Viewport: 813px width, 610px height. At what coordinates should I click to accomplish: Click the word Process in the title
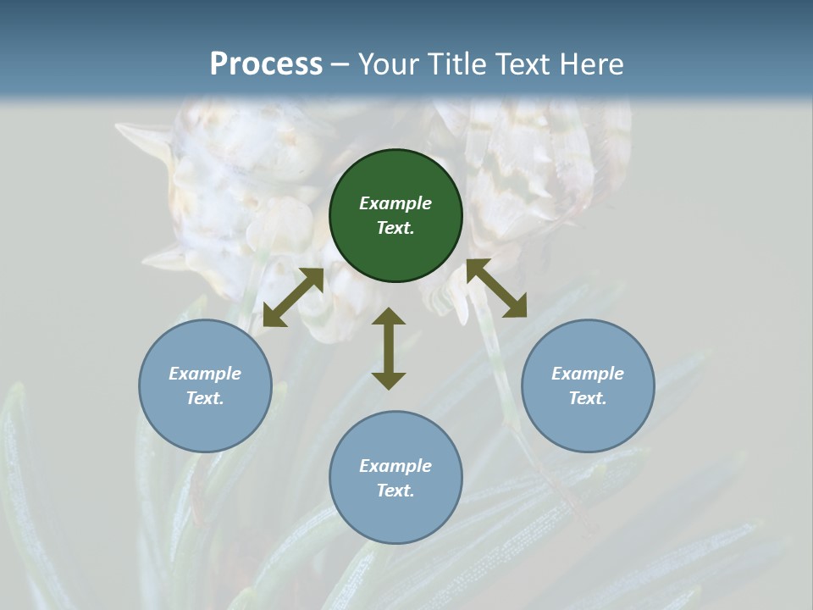pyautogui.click(x=266, y=65)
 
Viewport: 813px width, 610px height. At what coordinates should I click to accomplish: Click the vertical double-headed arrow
pyautogui.click(x=389, y=348)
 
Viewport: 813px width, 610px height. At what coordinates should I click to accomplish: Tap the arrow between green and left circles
pyautogui.click(x=293, y=297)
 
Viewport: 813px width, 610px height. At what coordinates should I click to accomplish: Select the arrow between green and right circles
pyautogui.click(x=496, y=288)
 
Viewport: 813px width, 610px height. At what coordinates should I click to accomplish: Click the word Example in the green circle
pyautogui.click(x=395, y=203)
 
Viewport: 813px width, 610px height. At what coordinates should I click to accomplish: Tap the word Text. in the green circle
pyautogui.click(x=395, y=228)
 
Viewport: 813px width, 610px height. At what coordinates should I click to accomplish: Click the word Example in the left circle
pyautogui.click(x=205, y=374)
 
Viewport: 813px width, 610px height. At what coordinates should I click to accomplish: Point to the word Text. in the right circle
pyautogui.click(x=588, y=398)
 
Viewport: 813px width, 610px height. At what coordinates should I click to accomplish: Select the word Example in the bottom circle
pyautogui.click(x=395, y=466)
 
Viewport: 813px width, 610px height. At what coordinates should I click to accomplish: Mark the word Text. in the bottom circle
pyautogui.click(x=395, y=491)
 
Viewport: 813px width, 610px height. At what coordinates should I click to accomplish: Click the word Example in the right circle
pyautogui.click(x=588, y=374)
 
